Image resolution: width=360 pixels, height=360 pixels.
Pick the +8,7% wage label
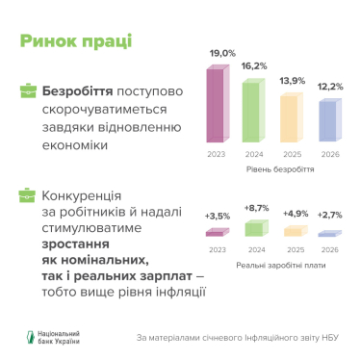[255, 209]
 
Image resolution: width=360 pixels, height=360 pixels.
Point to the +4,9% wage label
[293, 216]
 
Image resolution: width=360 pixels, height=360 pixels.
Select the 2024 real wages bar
[255, 227]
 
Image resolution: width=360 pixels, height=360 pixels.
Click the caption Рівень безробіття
[272, 167]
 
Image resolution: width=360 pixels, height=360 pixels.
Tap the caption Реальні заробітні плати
[272, 262]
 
